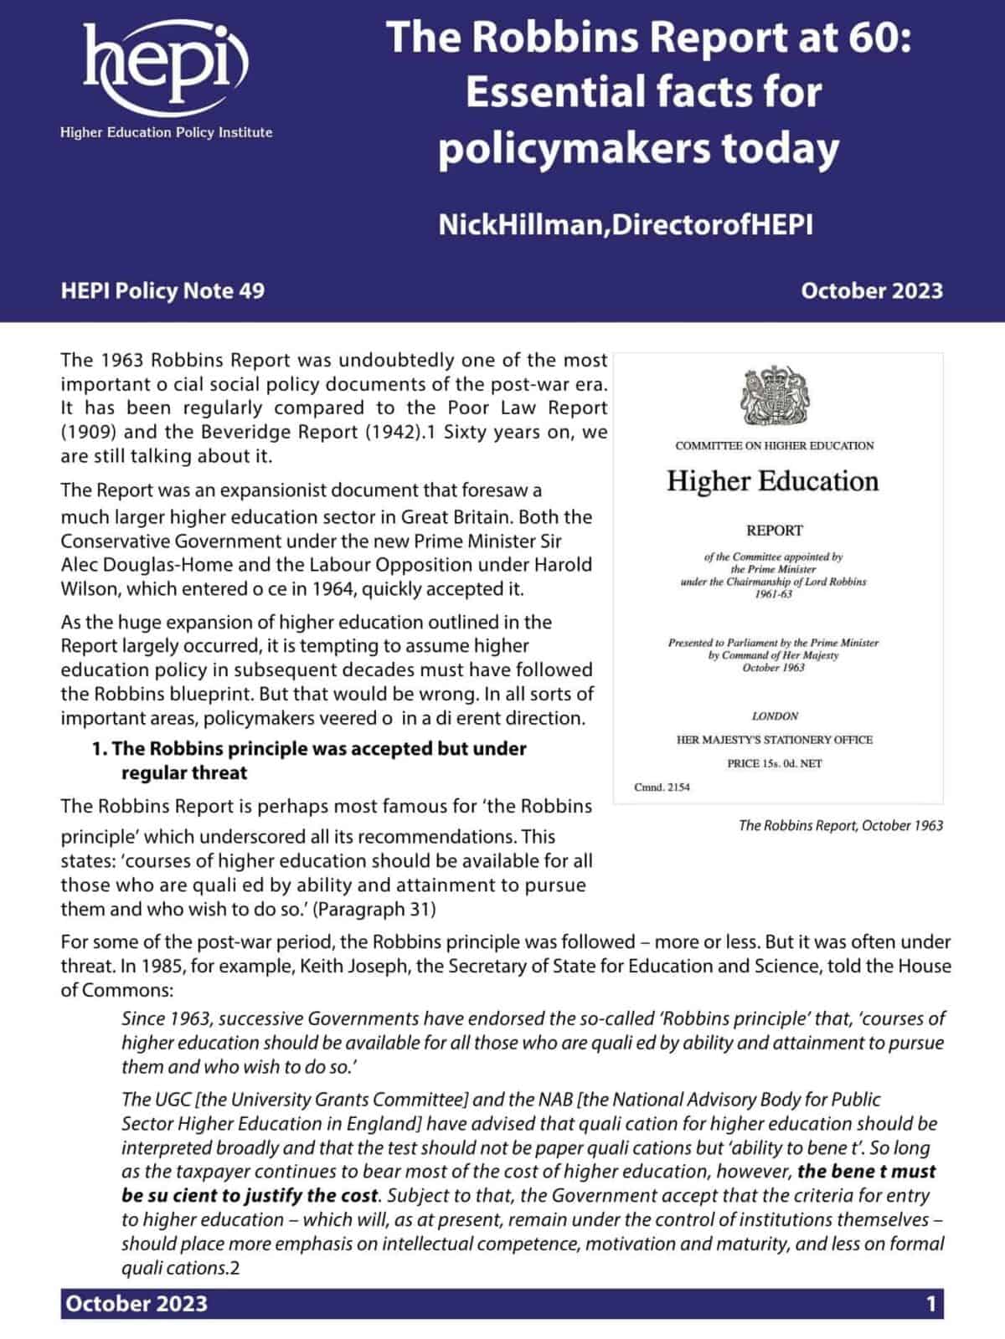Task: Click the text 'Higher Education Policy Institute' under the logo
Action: click(166, 132)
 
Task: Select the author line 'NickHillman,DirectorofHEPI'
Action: click(626, 224)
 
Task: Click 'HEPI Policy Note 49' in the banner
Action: click(162, 290)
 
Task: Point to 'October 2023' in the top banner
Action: click(871, 290)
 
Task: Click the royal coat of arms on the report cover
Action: click(774, 396)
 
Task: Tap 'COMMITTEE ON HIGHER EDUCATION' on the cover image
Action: click(774, 445)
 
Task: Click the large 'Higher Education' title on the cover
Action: click(772, 481)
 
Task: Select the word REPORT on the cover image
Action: click(774, 531)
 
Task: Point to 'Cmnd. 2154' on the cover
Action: click(662, 787)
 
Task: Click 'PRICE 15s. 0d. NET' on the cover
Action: click(774, 763)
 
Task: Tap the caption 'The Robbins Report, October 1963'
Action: click(840, 825)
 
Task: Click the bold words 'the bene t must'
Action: click(866, 1172)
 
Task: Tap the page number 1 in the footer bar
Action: click(930, 1304)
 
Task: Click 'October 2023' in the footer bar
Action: click(137, 1304)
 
